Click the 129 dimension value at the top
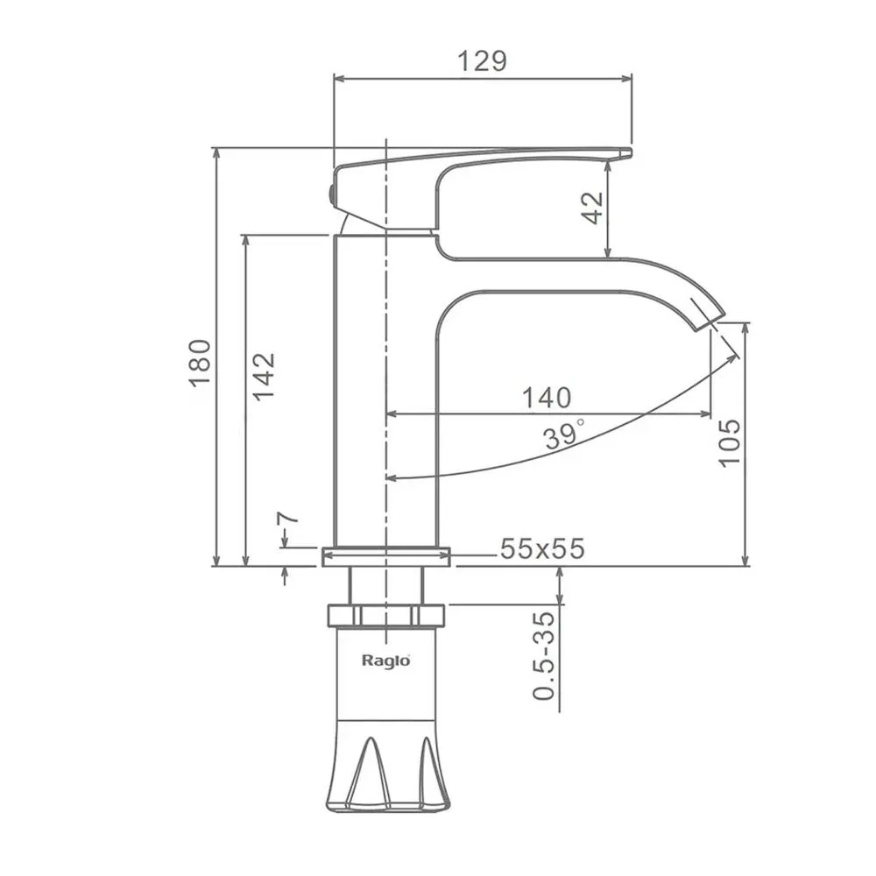[482, 61]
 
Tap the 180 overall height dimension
[200, 363]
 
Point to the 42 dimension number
[593, 208]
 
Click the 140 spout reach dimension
[547, 398]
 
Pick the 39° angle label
[565, 434]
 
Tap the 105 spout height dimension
[729, 443]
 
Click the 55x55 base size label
[542, 548]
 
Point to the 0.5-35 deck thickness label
[545, 656]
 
